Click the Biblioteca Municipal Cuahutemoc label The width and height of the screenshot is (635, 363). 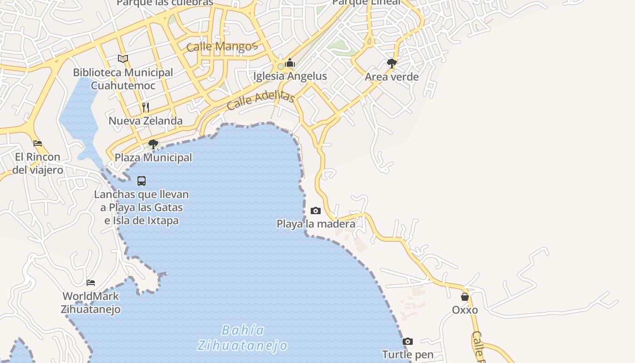pyautogui.click(x=123, y=79)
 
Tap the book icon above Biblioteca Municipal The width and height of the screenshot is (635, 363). pyautogui.click(x=123, y=59)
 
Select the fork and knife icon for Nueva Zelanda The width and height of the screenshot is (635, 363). pyautogui.click(x=146, y=107)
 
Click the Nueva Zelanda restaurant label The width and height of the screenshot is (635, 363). pyautogui.click(x=146, y=121)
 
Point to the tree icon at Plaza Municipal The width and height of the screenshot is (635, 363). pyautogui.click(x=153, y=144)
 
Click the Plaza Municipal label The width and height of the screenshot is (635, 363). pyautogui.click(x=153, y=157)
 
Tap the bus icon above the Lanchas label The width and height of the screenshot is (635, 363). pyautogui.click(x=142, y=181)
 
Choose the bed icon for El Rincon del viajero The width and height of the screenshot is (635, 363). pyautogui.click(x=38, y=143)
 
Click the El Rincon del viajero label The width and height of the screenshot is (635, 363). pyautogui.click(x=38, y=163)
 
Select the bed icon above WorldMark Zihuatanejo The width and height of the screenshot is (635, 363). pyautogui.click(x=91, y=282)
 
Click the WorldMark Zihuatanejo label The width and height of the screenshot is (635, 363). pyautogui.click(x=91, y=303)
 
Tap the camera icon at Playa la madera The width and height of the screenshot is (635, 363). pyautogui.click(x=316, y=211)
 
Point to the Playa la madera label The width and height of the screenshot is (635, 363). pyautogui.click(x=316, y=224)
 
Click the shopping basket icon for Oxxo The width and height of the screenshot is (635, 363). pyautogui.click(x=465, y=297)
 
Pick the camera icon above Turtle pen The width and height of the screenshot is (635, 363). pyautogui.click(x=408, y=341)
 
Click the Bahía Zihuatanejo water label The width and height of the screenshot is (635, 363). pyautogui.click(x=243, y=338)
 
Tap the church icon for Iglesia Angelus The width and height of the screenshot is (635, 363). pyautogui.click(x=290, y=63)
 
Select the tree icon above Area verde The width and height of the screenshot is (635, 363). pyautogui.click(x=392, y=64)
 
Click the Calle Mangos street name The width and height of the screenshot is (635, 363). pyautogui.click(x=222, y=46)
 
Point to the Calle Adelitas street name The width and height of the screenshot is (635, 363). pyautogui.click(x=261, y=100)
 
